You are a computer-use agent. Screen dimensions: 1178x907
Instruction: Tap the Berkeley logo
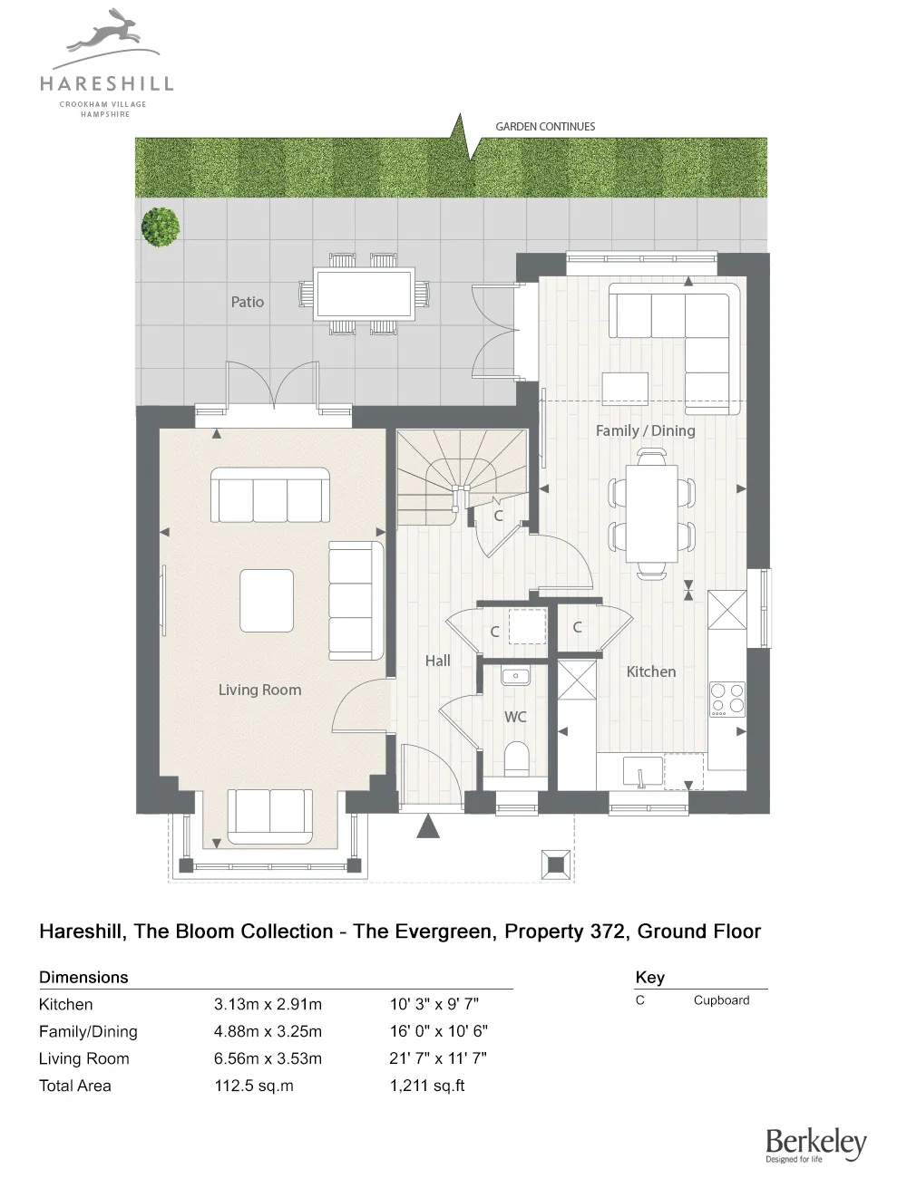click(x=815, y=1144)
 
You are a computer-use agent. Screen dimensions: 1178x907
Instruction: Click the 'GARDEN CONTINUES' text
click(x=545, y=127)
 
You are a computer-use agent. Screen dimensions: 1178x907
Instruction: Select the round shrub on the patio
click(x=161, y=227)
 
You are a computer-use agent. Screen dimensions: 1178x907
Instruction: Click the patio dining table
click(x=364, y=294)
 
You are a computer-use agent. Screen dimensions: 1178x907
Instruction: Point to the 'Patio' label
click(x=247, y=302)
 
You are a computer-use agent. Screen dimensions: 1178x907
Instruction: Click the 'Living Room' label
click(x=259, y=690)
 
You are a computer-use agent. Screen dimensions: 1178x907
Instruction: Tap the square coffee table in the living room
click(x=267, y=600)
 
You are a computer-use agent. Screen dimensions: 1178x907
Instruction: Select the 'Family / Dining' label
click(x=645, y=430)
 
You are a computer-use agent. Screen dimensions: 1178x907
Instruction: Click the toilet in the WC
click(x=516, y=758)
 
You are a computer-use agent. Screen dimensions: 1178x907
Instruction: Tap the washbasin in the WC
click(x=515, y=676)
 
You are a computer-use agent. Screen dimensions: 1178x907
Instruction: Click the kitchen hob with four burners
click(x=727, y=699)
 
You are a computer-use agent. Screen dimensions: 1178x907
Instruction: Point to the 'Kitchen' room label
click(x=650, y=671)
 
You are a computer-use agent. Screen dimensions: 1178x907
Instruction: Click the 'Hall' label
click(x=437, y=661)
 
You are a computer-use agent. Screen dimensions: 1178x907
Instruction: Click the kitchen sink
click(x=642, y=773)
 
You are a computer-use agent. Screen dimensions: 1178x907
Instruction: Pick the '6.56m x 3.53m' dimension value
click(x=268, y=1058)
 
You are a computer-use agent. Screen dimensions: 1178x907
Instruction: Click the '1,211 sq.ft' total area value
click(x=427, y=1086)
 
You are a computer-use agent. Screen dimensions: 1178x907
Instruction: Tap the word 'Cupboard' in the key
click(x=721, y=1000)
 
